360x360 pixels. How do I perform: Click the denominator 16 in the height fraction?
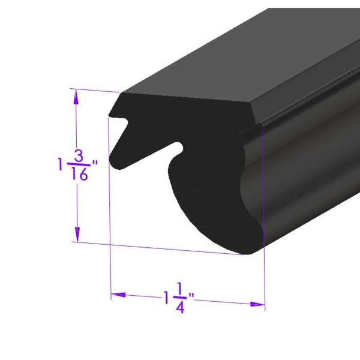coord(79,175)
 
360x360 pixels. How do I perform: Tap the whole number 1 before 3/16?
coord(60,164)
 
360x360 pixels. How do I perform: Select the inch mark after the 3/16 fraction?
coord(94,162)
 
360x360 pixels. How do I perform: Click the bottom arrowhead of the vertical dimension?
coord(77,235)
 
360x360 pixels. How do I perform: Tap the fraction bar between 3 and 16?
coord(78,165)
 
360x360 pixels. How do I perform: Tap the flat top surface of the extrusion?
coord(240,72)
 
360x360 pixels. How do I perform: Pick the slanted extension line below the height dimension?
coord(156,248)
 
